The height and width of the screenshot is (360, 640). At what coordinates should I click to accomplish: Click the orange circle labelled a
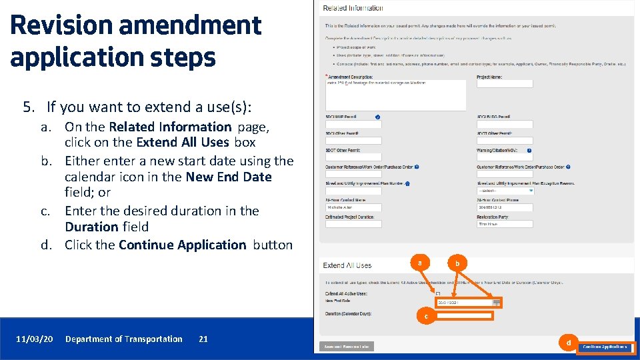pyautogui.click(x=419, y=263)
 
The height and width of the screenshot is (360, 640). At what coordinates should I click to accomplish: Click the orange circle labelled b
pyautogui.click(x=457, y=263)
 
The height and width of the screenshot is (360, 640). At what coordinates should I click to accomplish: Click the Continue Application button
pyautogui.click(x=606, y=347)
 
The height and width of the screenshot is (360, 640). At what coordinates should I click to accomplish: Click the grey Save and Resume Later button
pyautogui.click(x=347, y=347)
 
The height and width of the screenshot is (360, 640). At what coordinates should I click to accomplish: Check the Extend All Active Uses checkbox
pyautogui.click(x=438, y=293)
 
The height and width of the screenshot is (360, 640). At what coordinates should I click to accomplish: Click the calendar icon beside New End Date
pyautogui.click(x=496, y=303)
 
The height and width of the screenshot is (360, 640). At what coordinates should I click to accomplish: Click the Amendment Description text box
pyautogui.click(x=395, y=95)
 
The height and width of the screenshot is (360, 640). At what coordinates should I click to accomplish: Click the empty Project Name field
pyautogui.click(x=505, y=84)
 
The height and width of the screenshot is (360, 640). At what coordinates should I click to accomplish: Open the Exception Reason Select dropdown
pyautogui.click(x=505, y=191)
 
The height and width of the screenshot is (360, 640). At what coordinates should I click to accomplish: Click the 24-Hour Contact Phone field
pyautogui.click(x=505, y=207)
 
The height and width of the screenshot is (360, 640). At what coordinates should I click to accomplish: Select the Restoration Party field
pyautogui.click(x=505, y=224)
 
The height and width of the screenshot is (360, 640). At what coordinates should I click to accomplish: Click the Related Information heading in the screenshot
pyautogui.click(x=353, y=8)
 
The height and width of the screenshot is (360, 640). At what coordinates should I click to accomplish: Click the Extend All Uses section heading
pyautogui.click(x=347, y=265)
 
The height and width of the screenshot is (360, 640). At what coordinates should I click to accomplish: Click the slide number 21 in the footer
pyautogui.click(x=203, y=339)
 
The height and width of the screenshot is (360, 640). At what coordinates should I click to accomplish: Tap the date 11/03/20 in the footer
pyautogui.click(x=35, y=339)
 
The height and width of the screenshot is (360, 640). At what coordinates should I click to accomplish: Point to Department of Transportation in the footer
pyautogui.click(x=123, y=339)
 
